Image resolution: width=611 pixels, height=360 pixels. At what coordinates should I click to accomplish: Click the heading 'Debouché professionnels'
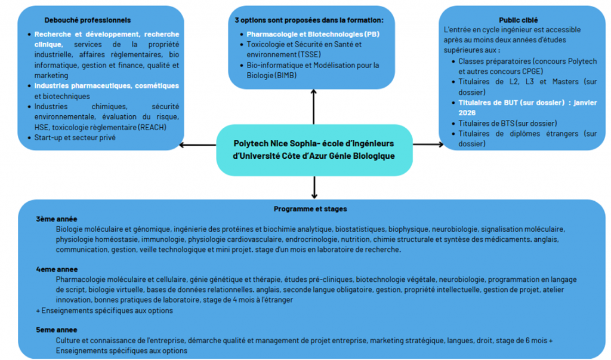87,20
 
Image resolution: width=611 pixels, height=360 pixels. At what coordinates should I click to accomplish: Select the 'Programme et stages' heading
310,209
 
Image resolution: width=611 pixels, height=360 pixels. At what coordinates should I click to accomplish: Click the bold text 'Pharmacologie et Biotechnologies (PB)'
313,34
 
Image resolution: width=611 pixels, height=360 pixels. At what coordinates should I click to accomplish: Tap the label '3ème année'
57,219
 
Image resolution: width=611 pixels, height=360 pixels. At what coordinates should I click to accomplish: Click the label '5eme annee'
57,330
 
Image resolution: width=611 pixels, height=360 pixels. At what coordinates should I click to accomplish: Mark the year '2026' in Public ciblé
467,113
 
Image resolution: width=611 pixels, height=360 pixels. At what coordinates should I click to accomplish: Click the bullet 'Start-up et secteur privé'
75,138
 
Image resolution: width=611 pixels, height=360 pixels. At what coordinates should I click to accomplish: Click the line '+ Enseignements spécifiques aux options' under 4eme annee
104,310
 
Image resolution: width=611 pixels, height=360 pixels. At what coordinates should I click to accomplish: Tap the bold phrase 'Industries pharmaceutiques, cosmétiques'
106,86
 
